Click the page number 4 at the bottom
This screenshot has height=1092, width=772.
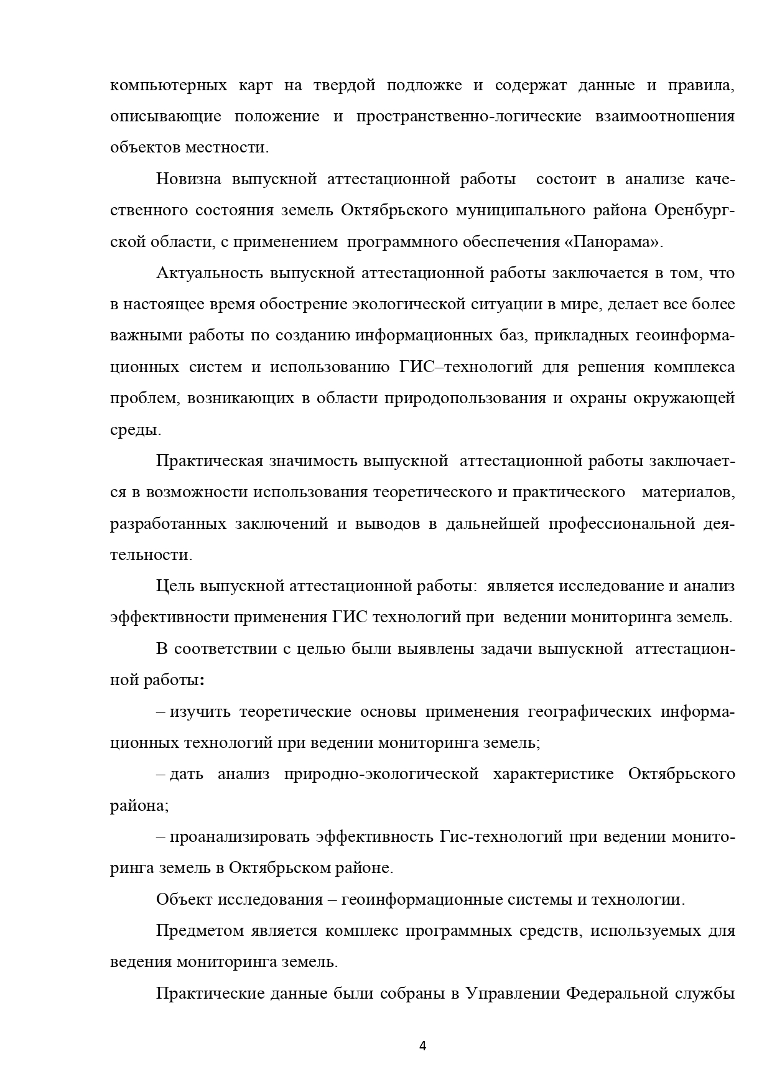point(423,1045)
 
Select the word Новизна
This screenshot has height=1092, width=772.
point(188,179)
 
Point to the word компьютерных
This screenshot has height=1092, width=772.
point(168,85)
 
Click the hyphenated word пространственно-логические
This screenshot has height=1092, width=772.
point(468,116)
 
